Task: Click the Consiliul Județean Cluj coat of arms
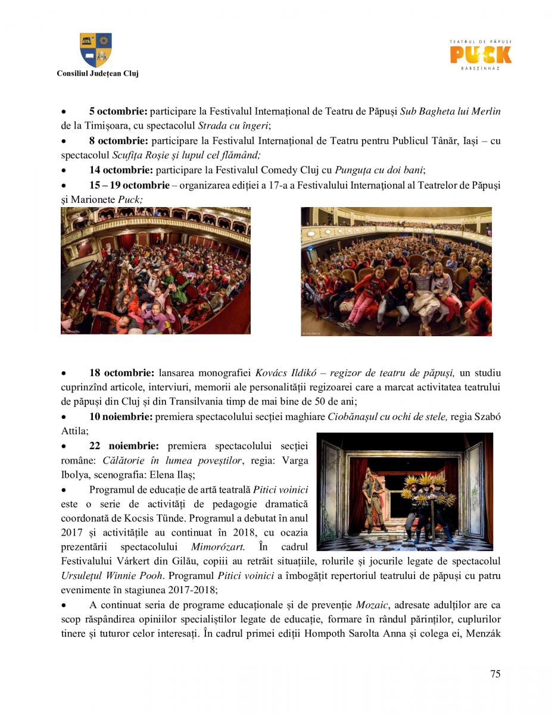tap(96, 50)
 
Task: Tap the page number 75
tap(495, 674)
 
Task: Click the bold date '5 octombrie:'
tap(118, 111)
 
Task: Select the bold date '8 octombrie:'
tap(118, 141)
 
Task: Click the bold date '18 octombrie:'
tap(121, 373)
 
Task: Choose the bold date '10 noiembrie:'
tap(121, 416)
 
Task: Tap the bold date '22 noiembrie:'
tap(124, 446)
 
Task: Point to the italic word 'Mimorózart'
tap(217, 547)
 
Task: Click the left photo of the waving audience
tap(155, 270)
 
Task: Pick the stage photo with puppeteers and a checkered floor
tap(405, 491)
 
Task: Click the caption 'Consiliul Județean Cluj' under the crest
tap(98, 74)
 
